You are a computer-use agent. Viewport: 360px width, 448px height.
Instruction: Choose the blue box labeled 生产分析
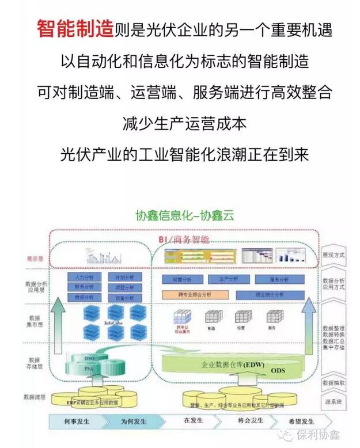pyautogui.click(x=228, y=279)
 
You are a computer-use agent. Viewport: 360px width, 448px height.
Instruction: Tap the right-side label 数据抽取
pyautogui.click(x=334, y=383)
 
